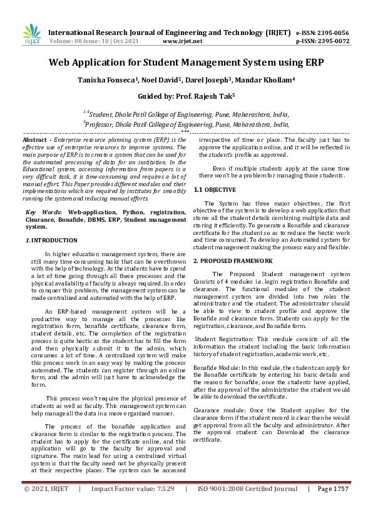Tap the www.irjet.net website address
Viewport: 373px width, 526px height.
tap(182, 41)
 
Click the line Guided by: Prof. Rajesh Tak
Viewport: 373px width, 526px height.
tap(186, 96)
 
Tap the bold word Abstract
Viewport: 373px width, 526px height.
tap(37, 139)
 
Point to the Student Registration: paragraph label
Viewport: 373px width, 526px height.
tap(220, 339)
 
